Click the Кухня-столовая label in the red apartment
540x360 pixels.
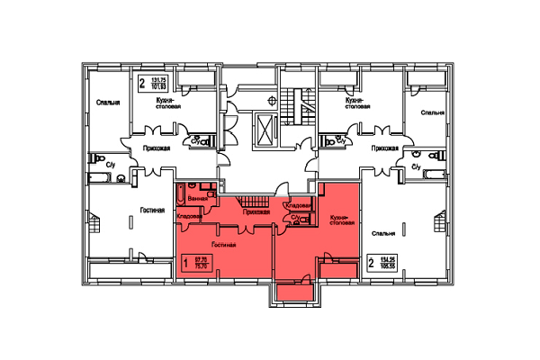click(x=338, y=221)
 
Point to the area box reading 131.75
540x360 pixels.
click(x=156, y=85)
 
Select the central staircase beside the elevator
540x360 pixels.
click(x=290, y=108)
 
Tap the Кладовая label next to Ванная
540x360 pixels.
click(x=189, y=216)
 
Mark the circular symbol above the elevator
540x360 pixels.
click(x=271, y=101)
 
